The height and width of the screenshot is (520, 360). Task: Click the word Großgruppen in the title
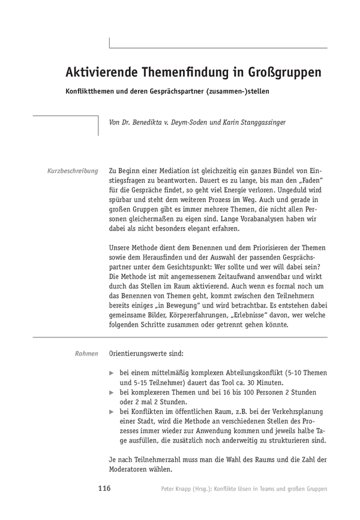(283, 72)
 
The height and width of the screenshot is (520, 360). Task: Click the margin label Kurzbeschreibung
(73, 171)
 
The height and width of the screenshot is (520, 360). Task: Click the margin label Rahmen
(86, 354)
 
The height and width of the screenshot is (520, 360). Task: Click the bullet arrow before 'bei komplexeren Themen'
(112, 393)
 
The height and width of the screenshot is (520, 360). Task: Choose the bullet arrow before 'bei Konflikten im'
(112, 412)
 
